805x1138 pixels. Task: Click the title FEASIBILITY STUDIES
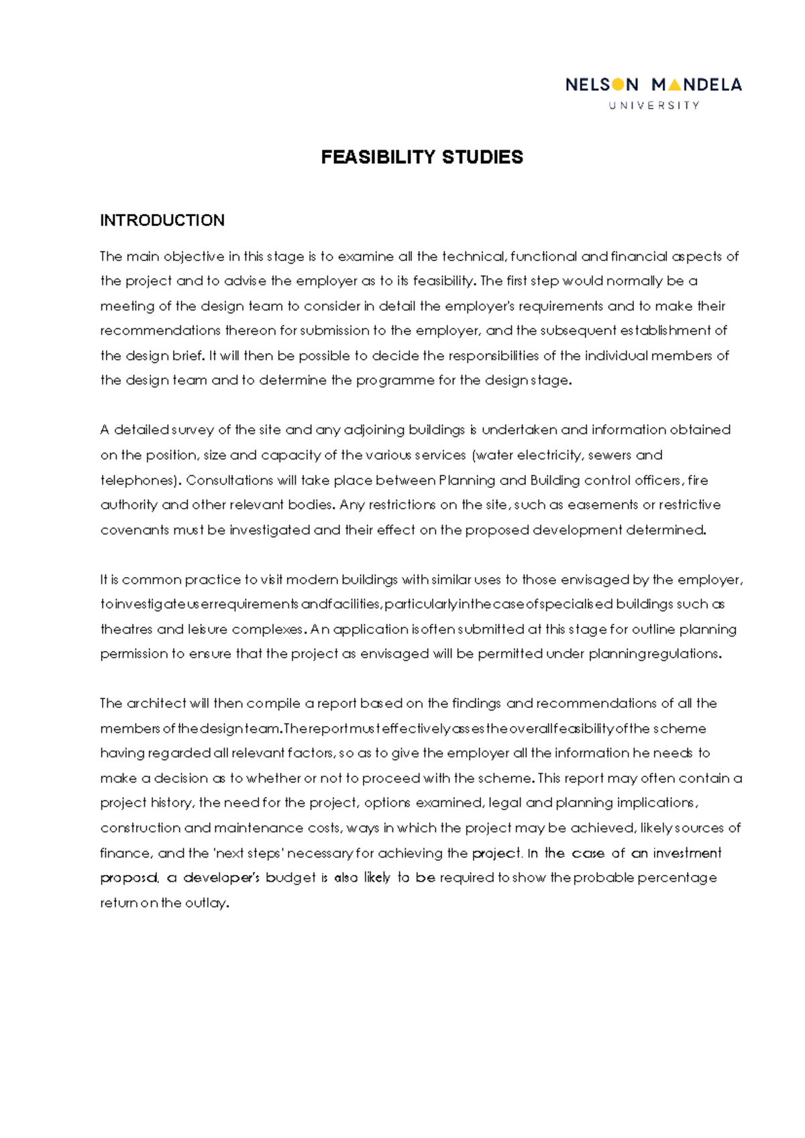coord(422,157)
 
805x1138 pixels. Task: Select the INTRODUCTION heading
coord(162,221)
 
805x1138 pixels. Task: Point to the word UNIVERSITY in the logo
coord(654,105)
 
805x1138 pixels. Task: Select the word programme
coord(395,380)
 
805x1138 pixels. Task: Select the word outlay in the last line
coord(205,903)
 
